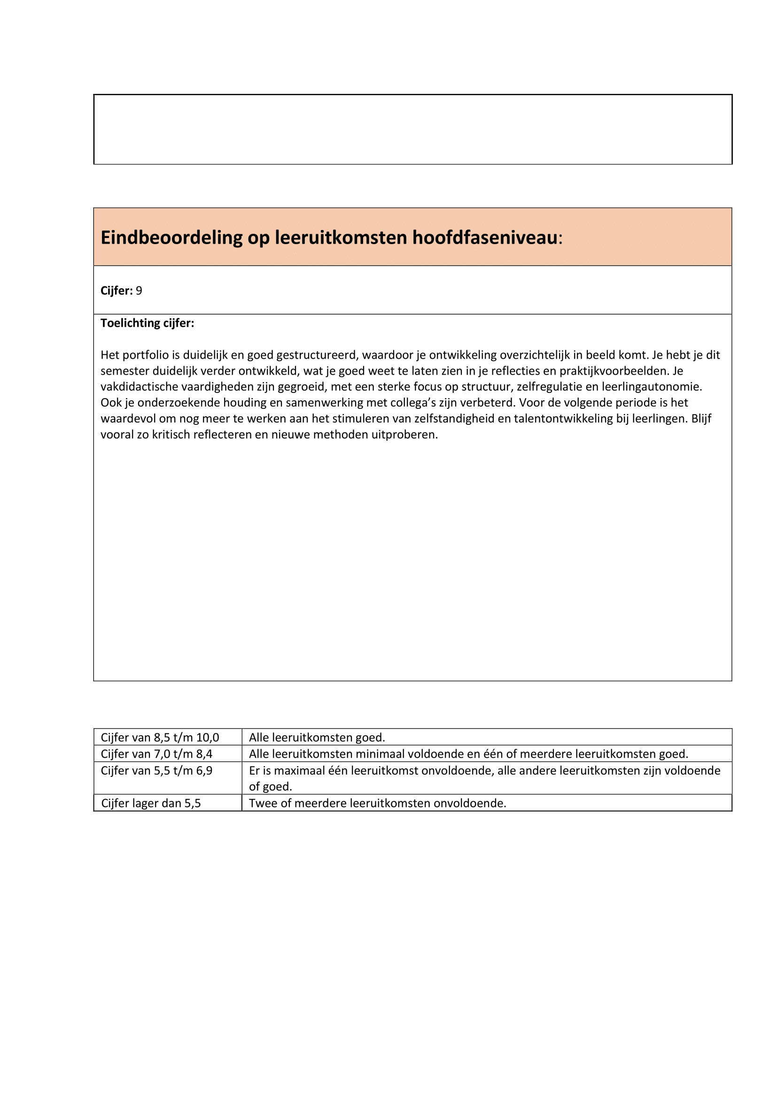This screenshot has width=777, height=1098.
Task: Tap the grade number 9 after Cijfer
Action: tap(139, 291)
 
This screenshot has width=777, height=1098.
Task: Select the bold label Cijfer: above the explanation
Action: tap(116, 291)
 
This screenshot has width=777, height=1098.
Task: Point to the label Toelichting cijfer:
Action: tap(148, 323)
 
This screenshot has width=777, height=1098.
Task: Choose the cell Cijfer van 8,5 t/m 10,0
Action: tap(160, 737)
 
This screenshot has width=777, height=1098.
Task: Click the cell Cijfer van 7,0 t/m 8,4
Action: tap(156, 754)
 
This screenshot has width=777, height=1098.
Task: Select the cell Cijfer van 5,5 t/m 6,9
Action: tap(156, 771)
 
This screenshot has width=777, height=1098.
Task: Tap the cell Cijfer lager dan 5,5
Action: tap(151, 803)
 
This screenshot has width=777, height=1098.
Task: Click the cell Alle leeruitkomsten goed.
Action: tap(317, 737)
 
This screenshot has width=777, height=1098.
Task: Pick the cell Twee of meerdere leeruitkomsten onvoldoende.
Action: tap(377, 803)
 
